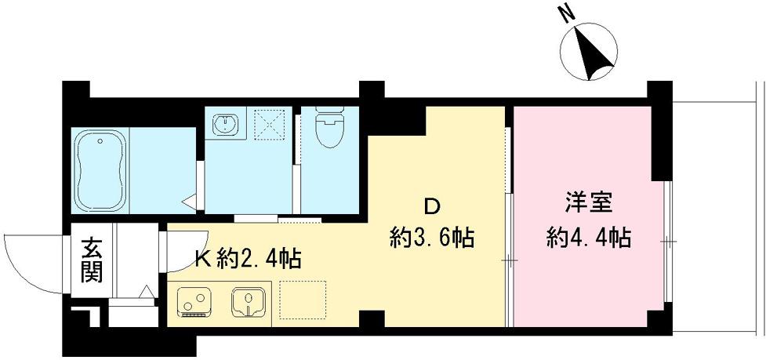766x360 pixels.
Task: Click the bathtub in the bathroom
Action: pyautogui.click(x=100, y=171)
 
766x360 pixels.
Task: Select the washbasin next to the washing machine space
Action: pyautogui.click(x=227, y=124)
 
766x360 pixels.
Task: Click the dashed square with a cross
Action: pyautogui.click(x=272, y=124)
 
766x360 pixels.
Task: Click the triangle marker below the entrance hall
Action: pyautogui.click(x=147, y=293)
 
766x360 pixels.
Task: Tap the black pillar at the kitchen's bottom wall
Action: pyautogui.click(x=373, y=320)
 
